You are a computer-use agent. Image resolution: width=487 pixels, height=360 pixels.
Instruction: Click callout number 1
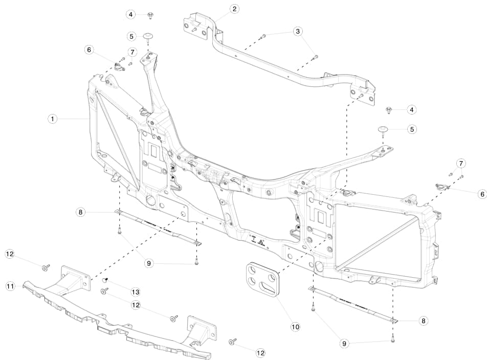pyautogui.click(x=52, y=119)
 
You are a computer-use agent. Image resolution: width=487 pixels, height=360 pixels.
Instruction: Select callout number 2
pyautogui.click(x=234, y=9)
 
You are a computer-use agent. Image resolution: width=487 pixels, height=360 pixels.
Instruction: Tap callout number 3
pyautogui.click(x=298, y=32)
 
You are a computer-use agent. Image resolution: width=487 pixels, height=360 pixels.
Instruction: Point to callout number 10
pyautogui.click(x=295, y=326)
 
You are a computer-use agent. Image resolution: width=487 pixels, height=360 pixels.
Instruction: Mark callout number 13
pyautogui.click(x=135, y=292)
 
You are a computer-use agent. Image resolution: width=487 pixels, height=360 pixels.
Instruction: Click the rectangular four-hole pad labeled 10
pyautogui.click(x=264, y=279)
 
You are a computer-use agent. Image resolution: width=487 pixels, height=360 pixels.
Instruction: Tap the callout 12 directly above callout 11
pyautogui.click(x=10, y=254)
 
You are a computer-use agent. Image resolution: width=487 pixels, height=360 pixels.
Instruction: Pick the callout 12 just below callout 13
pyautogui.click(x=135, y=305)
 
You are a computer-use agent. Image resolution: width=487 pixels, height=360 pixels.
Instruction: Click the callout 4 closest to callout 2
pyautogui.click(x=131, y=14)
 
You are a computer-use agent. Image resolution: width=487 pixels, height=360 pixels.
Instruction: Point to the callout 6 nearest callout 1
pyautogui.click(x=90, y=50)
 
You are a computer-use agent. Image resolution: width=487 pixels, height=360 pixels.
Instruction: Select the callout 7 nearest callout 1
pyautogui.click(x=132, y=52)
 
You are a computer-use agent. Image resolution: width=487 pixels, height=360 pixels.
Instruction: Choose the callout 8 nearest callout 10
pyautogui.click(x=423, y=321)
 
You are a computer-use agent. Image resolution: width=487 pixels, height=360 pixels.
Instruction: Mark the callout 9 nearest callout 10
pyautogui.click(x=344, y=344)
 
